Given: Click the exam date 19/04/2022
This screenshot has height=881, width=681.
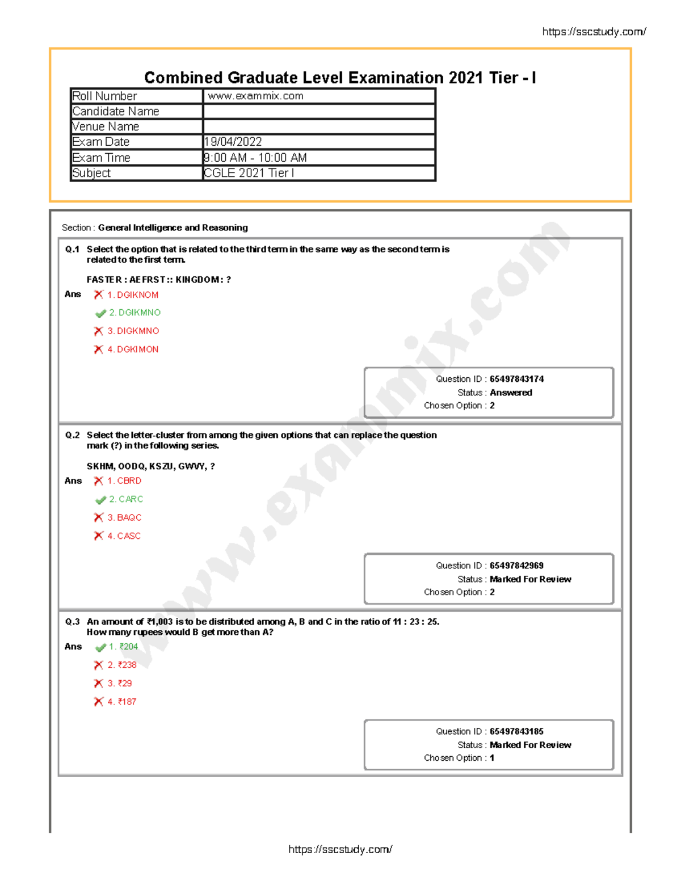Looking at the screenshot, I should pyautogui.click(x=233, y=142).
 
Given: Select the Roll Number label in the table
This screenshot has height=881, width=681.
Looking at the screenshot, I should pyautogui.click(x=104, y=96).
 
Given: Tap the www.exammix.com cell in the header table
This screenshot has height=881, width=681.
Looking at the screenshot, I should pyautogui.click(x=255, y=96).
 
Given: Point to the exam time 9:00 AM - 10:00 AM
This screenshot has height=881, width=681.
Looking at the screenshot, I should pyautogui.click(x=255, y=158).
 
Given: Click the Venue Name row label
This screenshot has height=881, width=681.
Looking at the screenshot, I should pyautogui.click(x=106, y=127).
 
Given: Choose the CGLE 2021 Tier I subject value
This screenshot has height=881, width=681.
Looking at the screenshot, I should pyautogui.click(x=249, y=173).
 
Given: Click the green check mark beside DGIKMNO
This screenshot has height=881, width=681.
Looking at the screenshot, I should pyautogui.click(x=100, y=314).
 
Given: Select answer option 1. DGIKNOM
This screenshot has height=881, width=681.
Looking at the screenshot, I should pyautogui.click(x=133, y=295).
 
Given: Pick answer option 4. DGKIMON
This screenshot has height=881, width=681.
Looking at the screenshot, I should pyautogui.click(x=133, y=349).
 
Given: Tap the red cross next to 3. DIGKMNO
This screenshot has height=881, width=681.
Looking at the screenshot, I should pyautogui.click(x=98, y=331).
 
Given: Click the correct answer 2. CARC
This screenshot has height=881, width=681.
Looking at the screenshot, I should pyautogui.click(x=126, y=499).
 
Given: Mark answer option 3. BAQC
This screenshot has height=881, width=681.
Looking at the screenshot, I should pyautogui.click(x=124, y=517).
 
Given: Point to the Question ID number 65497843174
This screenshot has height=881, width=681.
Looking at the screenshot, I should pyautogui.click(x=516, y=379).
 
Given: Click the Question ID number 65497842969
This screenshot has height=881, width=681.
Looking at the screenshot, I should pyautogui.click(x=516, y=566).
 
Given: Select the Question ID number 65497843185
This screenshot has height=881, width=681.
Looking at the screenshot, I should pyautogui.click(x=516, y=731).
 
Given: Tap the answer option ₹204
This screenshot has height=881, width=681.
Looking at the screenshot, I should pyautogui.click(x=124, y=647).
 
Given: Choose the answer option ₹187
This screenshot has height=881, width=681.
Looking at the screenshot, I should pyautogui.click(x=122, y=702).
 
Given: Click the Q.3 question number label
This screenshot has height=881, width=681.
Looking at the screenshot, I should pyautogui.click(x=72, y=622).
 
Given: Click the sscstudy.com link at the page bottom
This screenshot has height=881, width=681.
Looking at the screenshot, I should pyautogui.click(x=340, y=849).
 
